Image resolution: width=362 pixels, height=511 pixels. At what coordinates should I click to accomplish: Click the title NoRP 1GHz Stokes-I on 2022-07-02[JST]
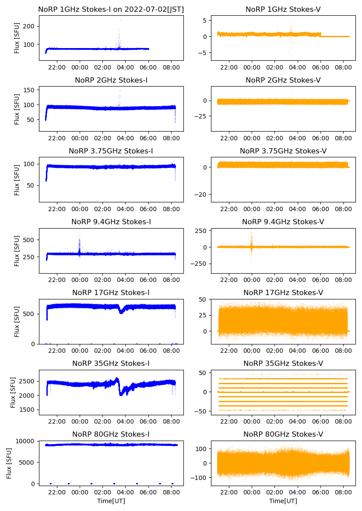tap(111, 9)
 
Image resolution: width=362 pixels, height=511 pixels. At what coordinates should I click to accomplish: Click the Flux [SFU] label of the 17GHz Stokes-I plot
tap(17, 322)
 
